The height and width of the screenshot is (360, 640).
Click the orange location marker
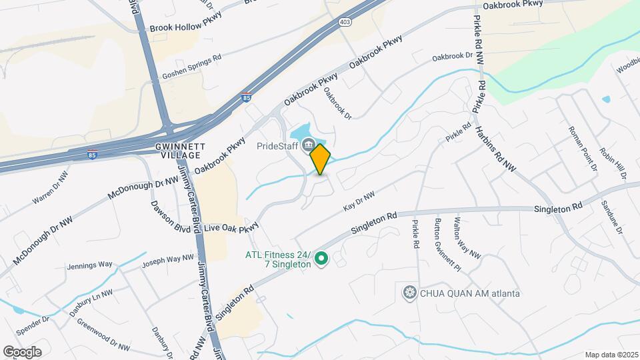321,159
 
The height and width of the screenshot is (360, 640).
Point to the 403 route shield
345,22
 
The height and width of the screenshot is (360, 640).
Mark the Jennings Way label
89,265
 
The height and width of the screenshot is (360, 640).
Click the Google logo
22,351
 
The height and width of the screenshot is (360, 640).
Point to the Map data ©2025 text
611,355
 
